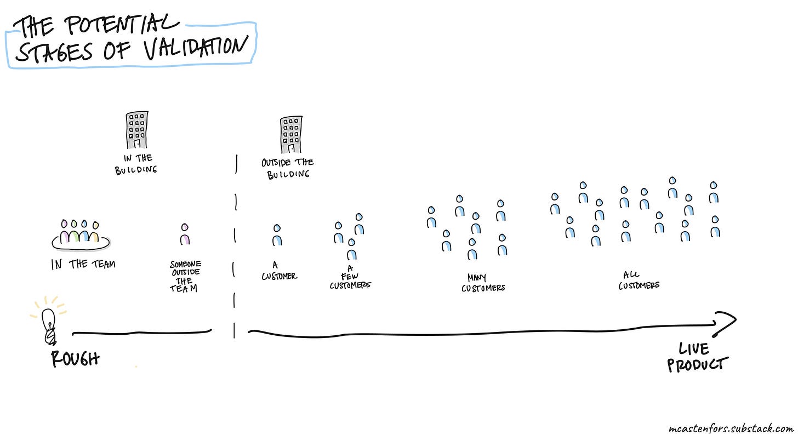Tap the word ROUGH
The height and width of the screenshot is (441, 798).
click(76, 359)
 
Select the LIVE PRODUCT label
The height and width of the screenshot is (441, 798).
click(697, 357)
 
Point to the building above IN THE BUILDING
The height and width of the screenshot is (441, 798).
click(136, 130)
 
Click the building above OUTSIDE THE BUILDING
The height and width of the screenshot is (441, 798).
click(291, 134)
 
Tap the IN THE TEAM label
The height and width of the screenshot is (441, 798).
click(83, 264)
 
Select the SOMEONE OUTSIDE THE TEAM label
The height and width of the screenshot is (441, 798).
click(185, 277)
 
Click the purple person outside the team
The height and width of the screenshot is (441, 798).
click(185, 234)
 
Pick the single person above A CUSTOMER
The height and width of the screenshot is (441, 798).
click(277, 234)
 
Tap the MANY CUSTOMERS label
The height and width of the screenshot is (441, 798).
click(482, 283)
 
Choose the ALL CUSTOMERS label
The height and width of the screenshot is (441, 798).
click(639, 280)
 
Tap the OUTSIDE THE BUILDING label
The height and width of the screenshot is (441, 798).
click(288, 168)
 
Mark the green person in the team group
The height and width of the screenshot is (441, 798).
click(75, 232)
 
